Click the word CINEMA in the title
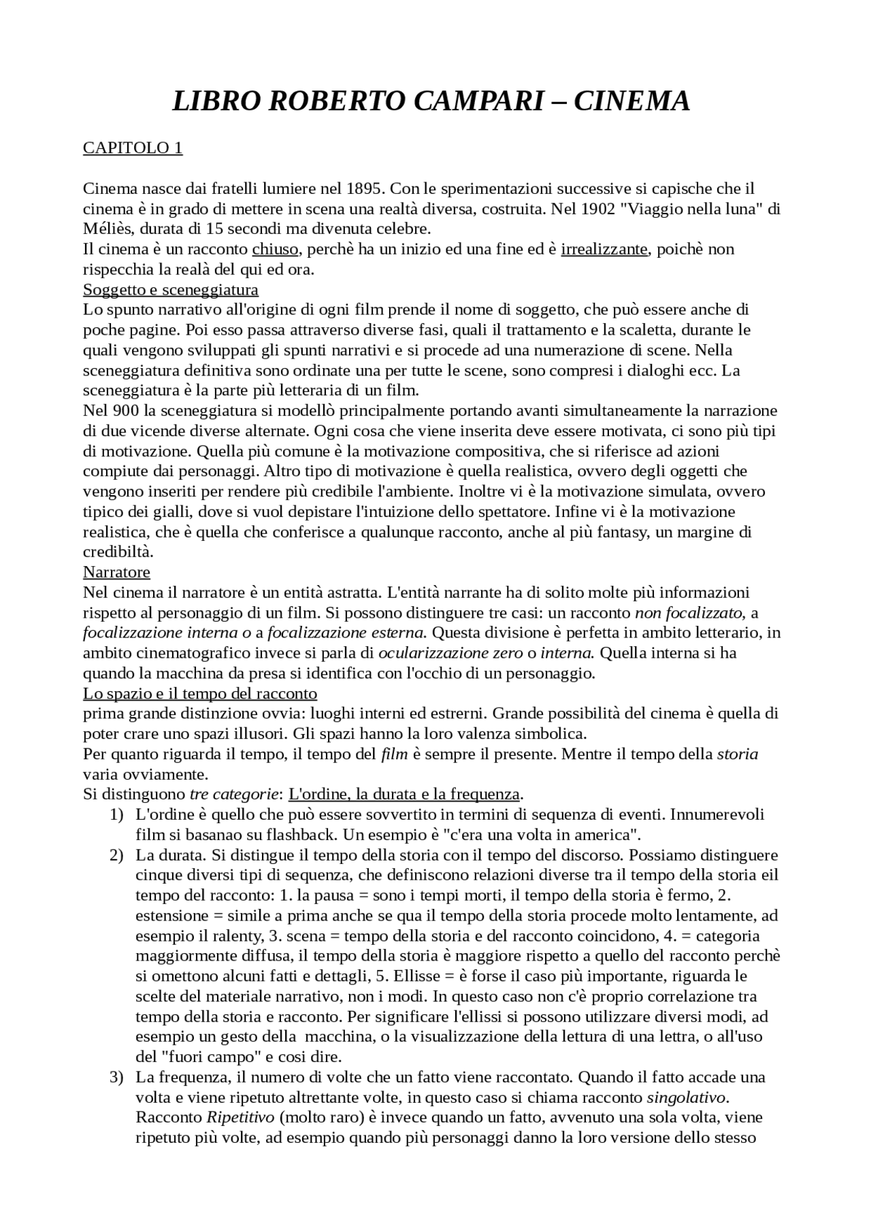(631, 101)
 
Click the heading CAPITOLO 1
(133, 148)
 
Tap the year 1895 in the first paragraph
(365, 188)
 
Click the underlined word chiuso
(275, 249)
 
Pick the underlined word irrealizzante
(604, 249)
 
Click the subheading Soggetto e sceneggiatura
(171, 290)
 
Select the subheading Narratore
(116, 572)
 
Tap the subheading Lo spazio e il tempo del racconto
(200, 694)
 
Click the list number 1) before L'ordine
(116, 815)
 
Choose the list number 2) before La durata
(116, 855)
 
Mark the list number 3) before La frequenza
(116, 1078)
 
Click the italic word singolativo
(687, 1097)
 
